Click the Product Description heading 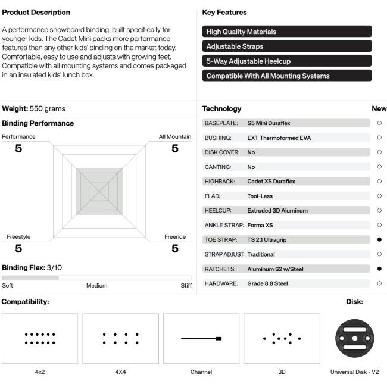click(x=36, y=13)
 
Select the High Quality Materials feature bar click(x=287, y=32)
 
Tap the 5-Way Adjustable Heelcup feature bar click(x=287, y=61)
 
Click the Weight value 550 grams click(x=48, y=109)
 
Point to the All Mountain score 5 click(x=175, y=148)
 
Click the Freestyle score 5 click(x=18, y=248)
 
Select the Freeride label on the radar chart click(x=175, y=237)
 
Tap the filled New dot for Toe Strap click(x=379, y=240)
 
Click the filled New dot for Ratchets click(x=379, y=269)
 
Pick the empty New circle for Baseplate click(x=379, y=123)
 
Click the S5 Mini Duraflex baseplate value click(x=269, y=123)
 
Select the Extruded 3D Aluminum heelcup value click(x=277, y=211)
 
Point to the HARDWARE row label click(x=221, y=283)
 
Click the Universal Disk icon click(x=355, y=338)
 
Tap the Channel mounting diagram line click(x=201, y=338)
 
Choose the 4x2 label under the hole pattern click(x=40, y=372)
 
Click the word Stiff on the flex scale click(x=186, y=286)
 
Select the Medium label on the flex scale click(x=96, y=286)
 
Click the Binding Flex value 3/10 click(x=54, y=267)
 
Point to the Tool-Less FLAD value click(x=260, y=196)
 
